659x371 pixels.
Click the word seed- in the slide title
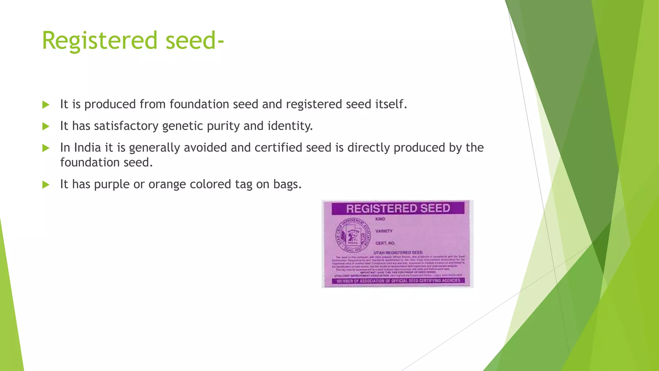(194, 41)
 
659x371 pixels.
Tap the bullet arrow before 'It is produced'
(46, 105)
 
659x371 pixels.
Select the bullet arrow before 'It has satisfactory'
(46, 126)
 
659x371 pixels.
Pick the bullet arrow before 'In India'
(46, 148)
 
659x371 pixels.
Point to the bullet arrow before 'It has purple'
(46, 185)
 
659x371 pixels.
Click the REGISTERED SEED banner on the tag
(398, 208)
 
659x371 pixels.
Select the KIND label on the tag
(380, 219)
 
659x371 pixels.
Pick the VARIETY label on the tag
(384, 231)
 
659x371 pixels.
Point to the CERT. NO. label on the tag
(385, 243)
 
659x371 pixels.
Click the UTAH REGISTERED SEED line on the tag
(398, 252)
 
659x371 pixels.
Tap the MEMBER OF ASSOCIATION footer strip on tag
(398, 281)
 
